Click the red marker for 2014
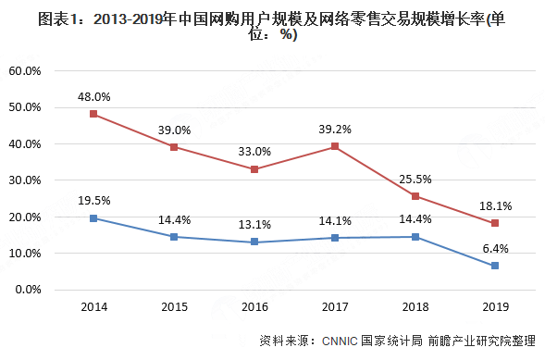93,114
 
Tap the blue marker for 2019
495,266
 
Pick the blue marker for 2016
254,242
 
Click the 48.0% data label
93,95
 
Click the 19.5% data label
93,200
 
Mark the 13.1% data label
254,223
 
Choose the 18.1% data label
496,205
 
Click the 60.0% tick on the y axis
25,70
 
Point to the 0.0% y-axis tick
28,290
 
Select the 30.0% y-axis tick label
25,180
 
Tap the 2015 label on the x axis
173,306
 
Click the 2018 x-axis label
415,306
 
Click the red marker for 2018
415,196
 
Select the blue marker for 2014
93,218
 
